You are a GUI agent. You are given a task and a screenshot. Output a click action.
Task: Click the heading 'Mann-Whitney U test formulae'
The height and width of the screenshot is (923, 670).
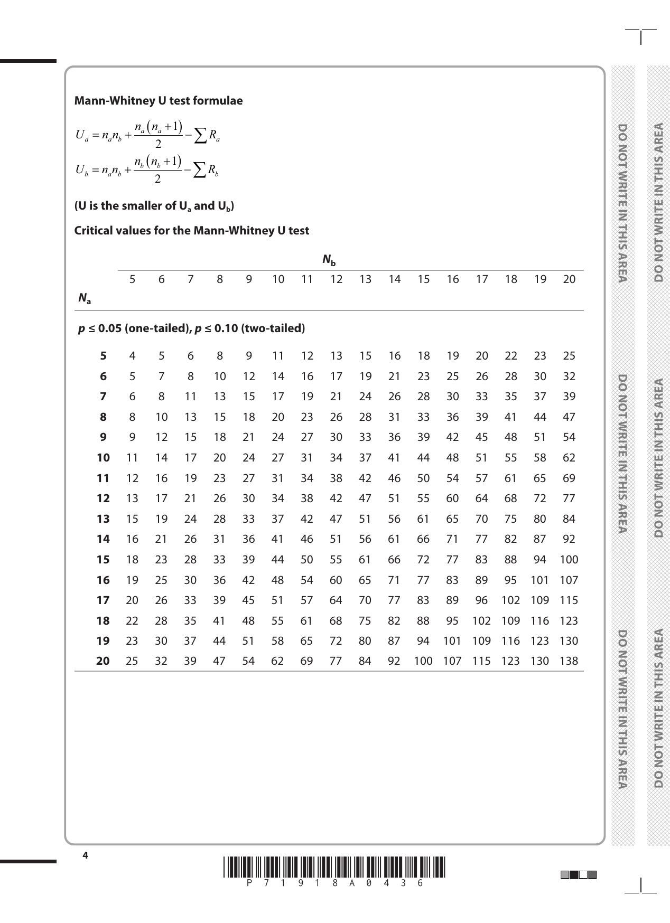(159, 101)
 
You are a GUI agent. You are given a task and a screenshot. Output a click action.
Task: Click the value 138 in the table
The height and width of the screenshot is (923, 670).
(569, 661)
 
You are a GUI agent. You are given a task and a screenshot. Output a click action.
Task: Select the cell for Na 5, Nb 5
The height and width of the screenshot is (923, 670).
(132, 356)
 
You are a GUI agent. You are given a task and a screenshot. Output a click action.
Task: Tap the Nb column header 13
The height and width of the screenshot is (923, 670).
(365, 279)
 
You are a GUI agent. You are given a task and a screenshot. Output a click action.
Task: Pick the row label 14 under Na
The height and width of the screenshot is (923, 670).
(103, 539)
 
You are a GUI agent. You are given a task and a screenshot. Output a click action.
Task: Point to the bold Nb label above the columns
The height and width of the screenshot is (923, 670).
(329, 260)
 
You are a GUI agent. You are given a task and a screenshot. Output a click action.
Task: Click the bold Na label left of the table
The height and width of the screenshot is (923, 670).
(84, 299)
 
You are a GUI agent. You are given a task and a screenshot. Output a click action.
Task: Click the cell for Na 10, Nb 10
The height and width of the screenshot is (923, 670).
(278, 458)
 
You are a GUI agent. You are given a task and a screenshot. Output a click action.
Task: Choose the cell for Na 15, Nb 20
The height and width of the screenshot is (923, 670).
(569, 560)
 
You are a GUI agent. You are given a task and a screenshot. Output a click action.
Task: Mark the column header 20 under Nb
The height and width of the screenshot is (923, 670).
(569, 279)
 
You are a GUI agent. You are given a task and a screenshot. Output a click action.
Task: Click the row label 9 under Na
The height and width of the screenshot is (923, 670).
(103, 437)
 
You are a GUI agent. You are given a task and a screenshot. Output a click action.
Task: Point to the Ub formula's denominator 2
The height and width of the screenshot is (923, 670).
(157, 180)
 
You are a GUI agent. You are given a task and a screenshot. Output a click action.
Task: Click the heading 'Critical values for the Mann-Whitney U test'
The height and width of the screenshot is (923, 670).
(191, 231)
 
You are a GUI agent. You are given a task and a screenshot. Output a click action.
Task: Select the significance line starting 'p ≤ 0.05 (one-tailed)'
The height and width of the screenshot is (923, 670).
(191, 328)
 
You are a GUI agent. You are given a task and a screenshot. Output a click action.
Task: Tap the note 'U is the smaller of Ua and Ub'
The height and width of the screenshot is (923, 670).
(154, 206)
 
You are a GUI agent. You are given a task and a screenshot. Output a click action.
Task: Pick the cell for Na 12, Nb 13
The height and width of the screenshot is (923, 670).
(365, 498)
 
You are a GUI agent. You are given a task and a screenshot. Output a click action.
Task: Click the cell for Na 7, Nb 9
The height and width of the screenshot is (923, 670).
(248, 397)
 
